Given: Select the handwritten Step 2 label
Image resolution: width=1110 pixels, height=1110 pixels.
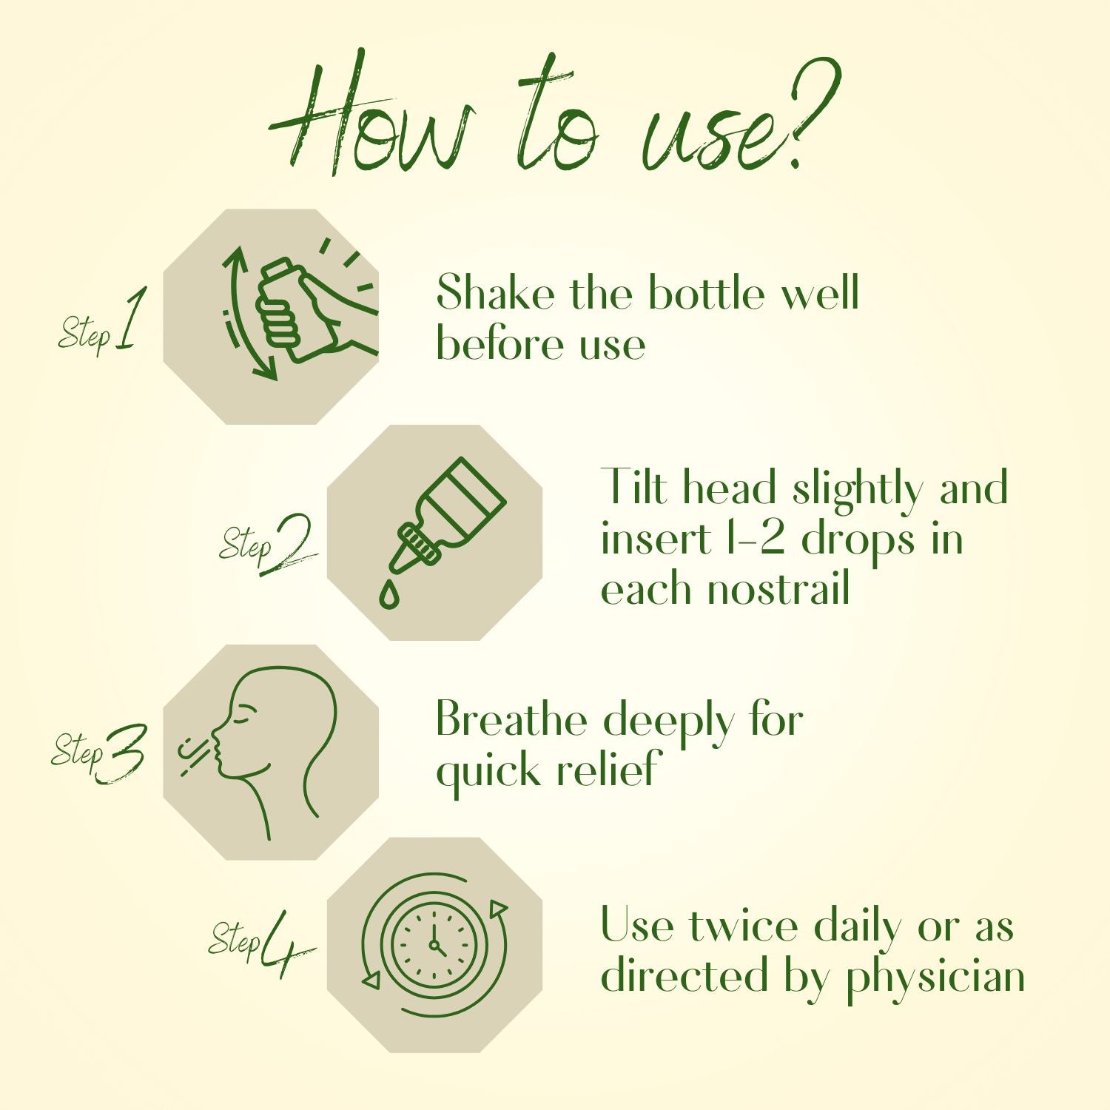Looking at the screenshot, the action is [x=268, y=545].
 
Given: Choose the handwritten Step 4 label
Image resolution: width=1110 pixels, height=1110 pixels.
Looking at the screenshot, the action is [x=261, y=942].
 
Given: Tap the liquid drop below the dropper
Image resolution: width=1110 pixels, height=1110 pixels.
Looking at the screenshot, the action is [x=388, y=593].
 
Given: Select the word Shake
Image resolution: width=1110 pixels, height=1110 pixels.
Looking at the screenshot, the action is [x=495, y=292].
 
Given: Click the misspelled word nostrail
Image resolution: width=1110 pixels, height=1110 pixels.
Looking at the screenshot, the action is [x=778, y=589].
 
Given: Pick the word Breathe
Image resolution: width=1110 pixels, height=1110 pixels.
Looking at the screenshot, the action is [x=511, y=719].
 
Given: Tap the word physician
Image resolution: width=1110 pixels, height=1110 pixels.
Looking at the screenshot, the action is [x=936, y=978].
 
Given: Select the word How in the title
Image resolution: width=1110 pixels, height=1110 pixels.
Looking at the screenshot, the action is [x=370, y=118].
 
